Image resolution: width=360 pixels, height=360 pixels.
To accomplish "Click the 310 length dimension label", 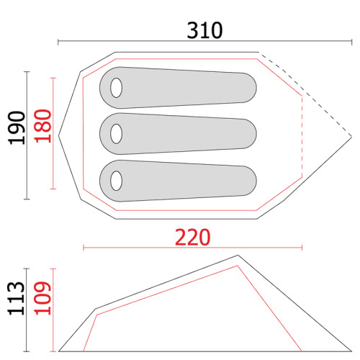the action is tap(204, 30).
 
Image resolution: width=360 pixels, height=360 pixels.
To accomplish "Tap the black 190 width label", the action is tap(17, 127).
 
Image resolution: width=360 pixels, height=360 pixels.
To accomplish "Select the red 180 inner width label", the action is tap(43, 126).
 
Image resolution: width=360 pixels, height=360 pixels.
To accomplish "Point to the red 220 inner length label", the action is tap(193, 238).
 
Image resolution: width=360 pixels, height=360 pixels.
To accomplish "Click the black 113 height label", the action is tap(16, 298).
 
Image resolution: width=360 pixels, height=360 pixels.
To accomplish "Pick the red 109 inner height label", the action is tap(42, 298).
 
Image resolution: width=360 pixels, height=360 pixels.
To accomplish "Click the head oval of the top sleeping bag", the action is tap(116, 88).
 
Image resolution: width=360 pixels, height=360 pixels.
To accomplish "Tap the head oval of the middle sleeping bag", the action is tap(116, 134).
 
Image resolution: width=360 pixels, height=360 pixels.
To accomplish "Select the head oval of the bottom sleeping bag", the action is tap(116, 181).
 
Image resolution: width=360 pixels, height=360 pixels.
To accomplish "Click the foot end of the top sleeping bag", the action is tap(250, 88).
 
